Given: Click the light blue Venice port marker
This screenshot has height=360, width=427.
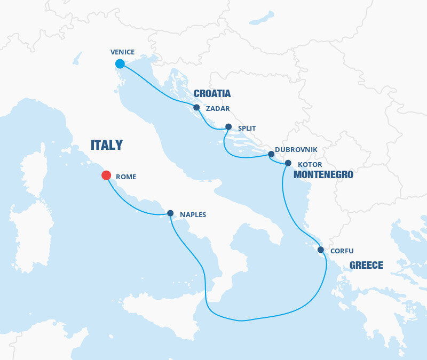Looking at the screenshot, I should tap(120, 64).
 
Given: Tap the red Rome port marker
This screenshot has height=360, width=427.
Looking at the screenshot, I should tap(106, 175).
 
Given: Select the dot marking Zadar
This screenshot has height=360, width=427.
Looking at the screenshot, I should tap(196, 108).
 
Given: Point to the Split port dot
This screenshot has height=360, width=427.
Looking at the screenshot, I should tap(228, 127).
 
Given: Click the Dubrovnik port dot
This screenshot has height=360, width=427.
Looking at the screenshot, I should tap(271, 154).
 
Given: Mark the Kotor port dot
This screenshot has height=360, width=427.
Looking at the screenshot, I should tap(288, 163).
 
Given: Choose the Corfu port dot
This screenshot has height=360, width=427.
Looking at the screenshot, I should tap(320, 250).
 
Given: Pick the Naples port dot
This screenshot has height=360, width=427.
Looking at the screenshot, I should tap(170, 213).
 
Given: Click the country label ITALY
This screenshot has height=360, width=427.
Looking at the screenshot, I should tap(107, 145).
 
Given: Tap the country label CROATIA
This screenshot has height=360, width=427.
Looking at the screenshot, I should tap(212, 94).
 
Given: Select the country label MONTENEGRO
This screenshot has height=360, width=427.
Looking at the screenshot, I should tap(324, 174).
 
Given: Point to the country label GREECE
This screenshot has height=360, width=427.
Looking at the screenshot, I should tap(366, 265).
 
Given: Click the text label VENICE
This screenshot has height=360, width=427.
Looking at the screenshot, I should tap(122, 52).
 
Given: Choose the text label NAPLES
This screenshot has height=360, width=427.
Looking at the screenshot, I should tap(193, 215).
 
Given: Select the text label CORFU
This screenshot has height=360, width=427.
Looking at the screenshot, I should tap(342, 251).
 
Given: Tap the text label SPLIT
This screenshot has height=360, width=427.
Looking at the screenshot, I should tap(247, 129).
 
